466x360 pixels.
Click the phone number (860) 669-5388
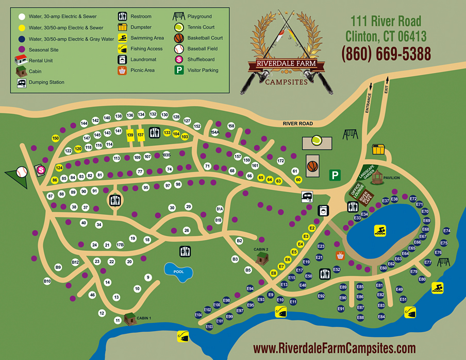(x=386, y=53)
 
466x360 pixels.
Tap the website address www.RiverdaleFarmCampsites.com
(x=335, y=348)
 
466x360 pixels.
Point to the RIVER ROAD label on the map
(x=298, y=124)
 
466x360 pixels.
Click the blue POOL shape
(x=177, y=271)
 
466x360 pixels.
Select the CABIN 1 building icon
(x=129, y=319)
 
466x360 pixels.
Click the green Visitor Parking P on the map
(x=335, y=176)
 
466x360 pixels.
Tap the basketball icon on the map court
(x=312, y=166)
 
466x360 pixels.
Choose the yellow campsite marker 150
(x=56, y=139)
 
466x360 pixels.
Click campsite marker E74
(x=446, y=231)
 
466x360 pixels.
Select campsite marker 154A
(x=215, y=132)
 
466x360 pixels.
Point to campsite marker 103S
(x=166, y=154)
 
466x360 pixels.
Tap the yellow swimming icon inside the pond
(x=380, y=231)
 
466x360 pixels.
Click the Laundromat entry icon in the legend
(x=123, y=60)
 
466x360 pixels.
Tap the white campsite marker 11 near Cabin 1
(x=118, y=321)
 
